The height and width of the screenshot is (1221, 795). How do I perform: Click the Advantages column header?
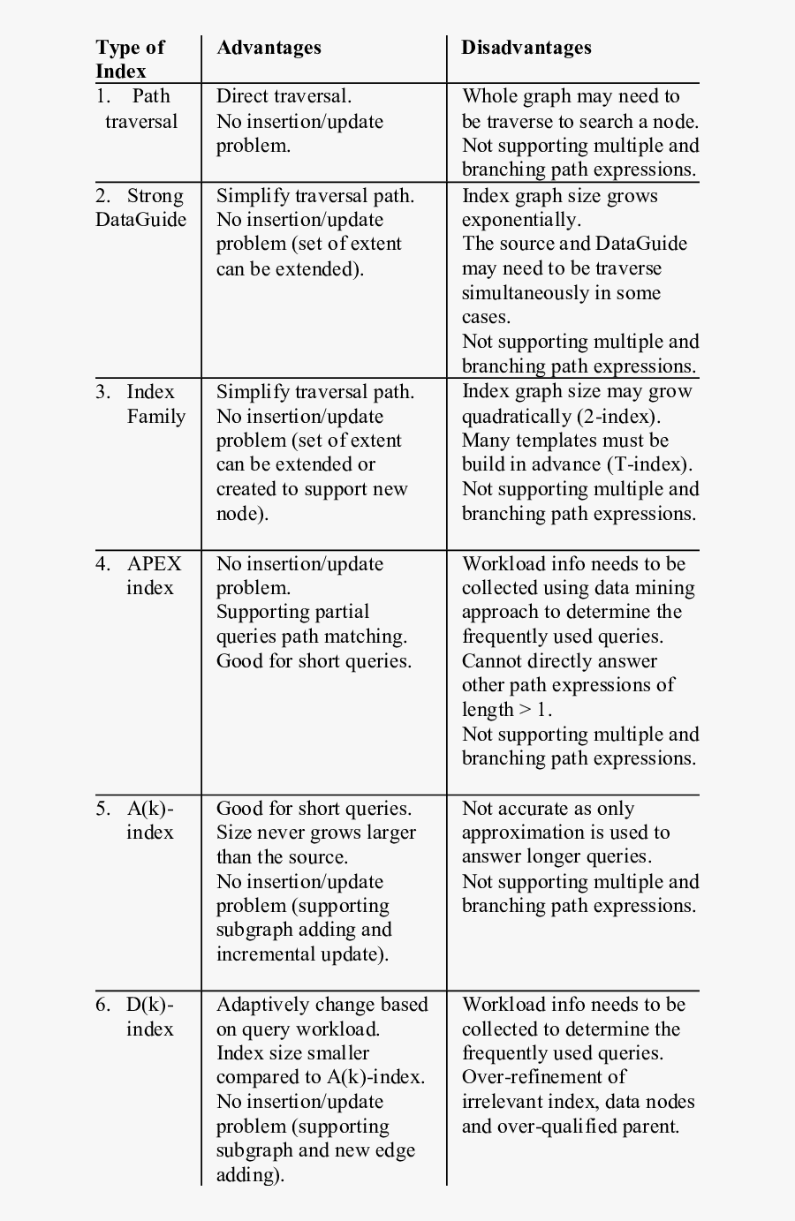tap(269, 48)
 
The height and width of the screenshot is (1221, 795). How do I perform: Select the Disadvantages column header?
tap(526, 48)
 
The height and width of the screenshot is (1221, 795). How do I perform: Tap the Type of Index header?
tap(130, 59)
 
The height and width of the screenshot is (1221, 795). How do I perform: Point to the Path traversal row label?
tap(140, 109)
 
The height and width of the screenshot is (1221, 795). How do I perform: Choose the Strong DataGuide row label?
tap(141, 207)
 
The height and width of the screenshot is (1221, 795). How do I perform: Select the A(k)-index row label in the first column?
tap(149, 820)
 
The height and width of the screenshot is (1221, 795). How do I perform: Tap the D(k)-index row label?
tap(149, 1016)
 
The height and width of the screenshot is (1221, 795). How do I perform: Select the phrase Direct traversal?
tap(284, 96)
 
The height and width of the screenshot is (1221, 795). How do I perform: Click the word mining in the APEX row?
tap(665, 588)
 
